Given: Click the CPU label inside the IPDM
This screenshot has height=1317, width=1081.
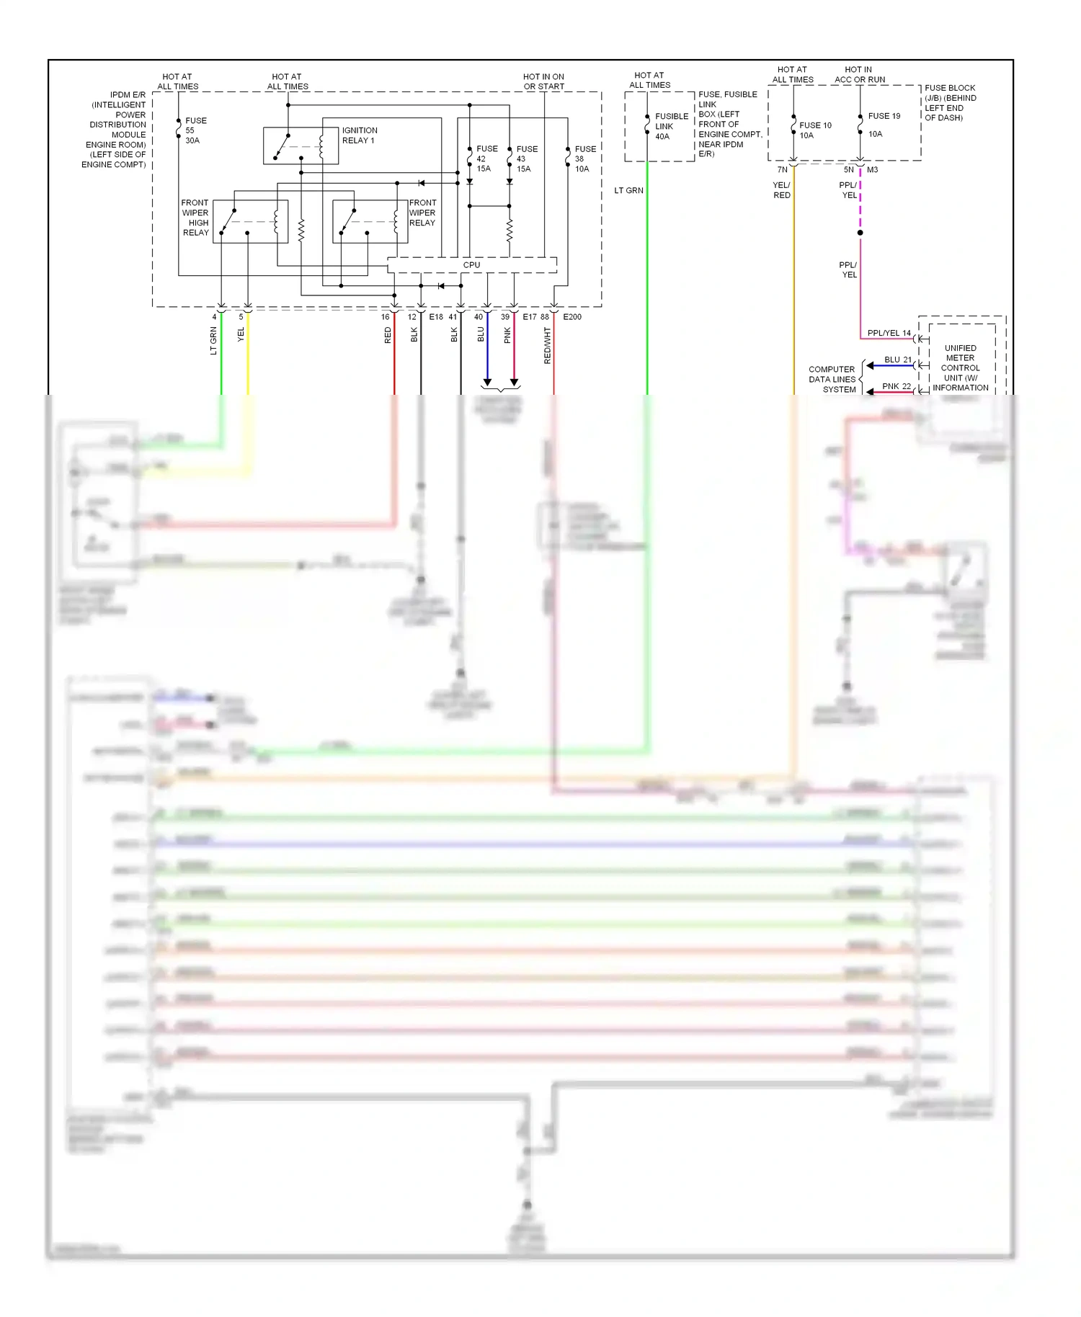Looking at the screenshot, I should (x=471, y=265).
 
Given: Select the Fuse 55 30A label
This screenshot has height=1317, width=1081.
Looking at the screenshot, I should (x=195, y=130).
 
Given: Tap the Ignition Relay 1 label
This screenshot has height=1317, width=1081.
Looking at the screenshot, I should (x=359, y=135).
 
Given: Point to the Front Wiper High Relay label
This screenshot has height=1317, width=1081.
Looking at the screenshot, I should (x=195, y=218).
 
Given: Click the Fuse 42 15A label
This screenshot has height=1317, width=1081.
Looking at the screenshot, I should (x=486, y=159).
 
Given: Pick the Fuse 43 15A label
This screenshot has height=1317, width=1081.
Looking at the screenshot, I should (x=527, y=159).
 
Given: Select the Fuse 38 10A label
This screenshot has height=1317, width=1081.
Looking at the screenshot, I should (x=584, y=159).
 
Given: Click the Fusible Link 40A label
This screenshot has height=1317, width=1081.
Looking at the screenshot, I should (x=671, y=126).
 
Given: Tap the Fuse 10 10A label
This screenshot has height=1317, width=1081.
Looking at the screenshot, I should (x=814, y=130).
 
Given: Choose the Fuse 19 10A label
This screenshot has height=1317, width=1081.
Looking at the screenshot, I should (x=883, y=125).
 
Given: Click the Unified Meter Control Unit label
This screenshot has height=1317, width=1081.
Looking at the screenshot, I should (x=960, y=367).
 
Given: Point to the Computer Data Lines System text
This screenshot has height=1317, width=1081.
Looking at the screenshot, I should (x=832, y=379).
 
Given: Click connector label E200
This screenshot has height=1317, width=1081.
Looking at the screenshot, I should (x=572, y=317).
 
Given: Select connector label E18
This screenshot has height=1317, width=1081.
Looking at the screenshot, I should (x=436, y=317).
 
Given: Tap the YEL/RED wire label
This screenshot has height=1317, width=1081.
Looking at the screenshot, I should (x=782, y=190).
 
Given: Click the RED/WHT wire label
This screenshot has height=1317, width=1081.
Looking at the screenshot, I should (x=547, y=345).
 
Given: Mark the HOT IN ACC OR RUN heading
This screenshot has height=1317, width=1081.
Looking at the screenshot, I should (x=859, y=75).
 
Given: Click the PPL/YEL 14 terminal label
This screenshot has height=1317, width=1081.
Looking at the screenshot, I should (x=889, y=333).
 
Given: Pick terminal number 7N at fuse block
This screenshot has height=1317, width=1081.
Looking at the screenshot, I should (x=782, y=170).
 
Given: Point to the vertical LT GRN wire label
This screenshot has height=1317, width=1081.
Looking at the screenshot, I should (x=213, y=341).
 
